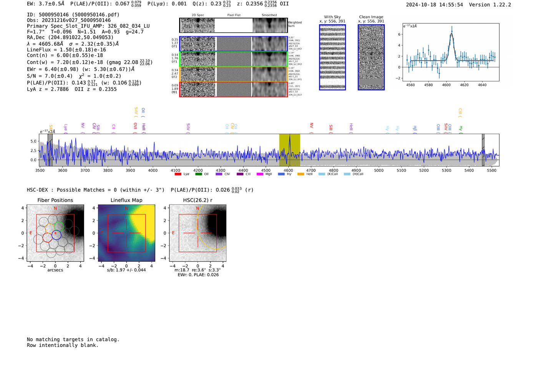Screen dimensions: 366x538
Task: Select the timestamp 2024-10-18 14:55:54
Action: click(434, 5)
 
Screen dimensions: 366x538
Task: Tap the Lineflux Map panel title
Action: click(126, 200)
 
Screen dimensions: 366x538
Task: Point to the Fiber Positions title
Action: click(55, 200)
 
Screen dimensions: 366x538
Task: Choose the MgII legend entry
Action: click(265, 174)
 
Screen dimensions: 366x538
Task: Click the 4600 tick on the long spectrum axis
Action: click(288, 170)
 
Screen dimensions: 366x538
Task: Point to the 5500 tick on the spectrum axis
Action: click(492, 170)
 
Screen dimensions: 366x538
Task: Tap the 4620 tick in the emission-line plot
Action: click(464, 85)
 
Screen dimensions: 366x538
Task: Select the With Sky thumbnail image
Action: click(332, 57)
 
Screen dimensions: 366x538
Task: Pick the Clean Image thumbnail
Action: click(371, 57)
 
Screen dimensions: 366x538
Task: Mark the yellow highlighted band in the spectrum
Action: click(289, 150)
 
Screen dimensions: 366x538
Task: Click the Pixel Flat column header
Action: click(234, 15)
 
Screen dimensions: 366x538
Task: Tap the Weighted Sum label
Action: click(294, 24)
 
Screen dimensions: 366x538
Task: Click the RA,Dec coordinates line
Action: click(70, 37)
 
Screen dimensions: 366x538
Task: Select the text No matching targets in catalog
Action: click(73, 339)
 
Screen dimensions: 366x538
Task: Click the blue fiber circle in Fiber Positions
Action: click(56, 235)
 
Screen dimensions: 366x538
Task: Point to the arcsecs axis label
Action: click(55, 270)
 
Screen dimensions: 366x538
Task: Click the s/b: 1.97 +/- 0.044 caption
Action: click(126, 270)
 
